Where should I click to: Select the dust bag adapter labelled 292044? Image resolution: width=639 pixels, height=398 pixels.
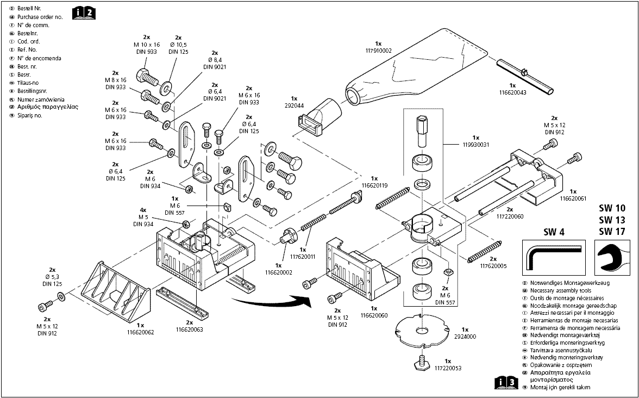(x=321, y=115)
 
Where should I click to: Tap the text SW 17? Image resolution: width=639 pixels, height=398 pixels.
(x=612, y=231)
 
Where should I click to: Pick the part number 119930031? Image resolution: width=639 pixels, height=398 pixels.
(x=475, y=145)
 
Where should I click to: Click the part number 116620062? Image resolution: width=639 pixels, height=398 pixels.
(x=141, y=332)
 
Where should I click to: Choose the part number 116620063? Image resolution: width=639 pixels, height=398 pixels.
(x=189, y=329)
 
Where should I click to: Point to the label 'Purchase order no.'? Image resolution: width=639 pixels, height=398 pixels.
(x=40, y=17)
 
